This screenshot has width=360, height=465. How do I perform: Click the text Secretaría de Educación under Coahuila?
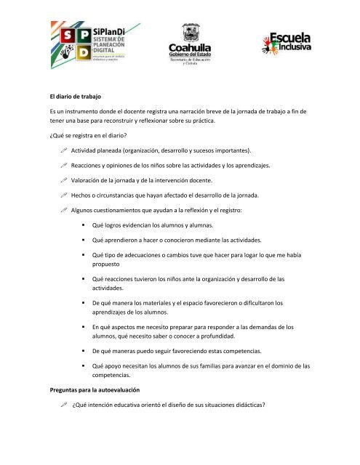pos(191,60)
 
